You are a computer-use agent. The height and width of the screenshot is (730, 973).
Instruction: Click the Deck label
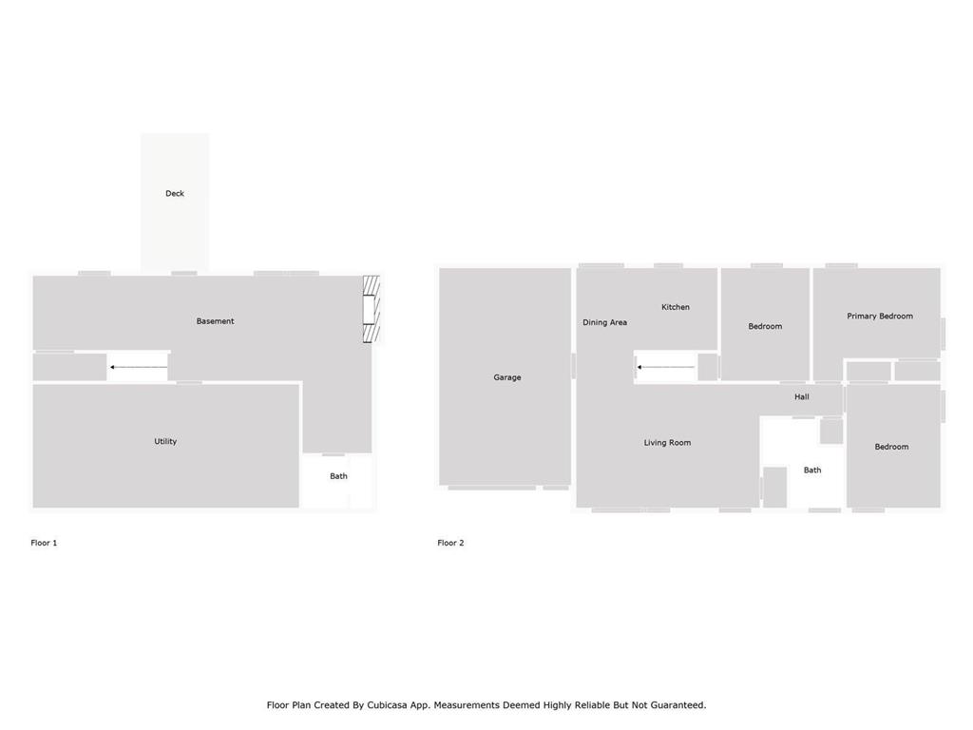(x=175, y=193)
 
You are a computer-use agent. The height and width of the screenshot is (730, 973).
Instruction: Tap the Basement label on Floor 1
(x=215, y=321)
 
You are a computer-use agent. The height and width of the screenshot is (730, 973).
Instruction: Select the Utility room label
(x=165, y=441)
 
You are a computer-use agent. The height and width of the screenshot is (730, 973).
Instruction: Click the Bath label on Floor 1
(x=338, y=476)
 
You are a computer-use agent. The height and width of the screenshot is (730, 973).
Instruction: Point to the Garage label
(x=507, y=377)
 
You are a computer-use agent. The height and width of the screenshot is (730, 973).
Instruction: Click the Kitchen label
(x=676, y=307)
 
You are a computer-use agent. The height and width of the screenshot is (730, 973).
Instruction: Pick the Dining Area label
(x=604, y=322)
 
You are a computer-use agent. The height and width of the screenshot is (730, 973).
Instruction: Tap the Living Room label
(x=667, y=443)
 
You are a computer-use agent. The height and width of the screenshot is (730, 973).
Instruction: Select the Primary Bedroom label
(x=880, y=316)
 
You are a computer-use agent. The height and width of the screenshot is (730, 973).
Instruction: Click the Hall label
(x=802, y=396)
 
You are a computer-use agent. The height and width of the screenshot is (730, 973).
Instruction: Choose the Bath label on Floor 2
(x=812, y=470)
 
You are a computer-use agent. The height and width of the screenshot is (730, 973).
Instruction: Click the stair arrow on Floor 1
(x=139, y=368)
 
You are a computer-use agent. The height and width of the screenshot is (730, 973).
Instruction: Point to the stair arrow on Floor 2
(x=665, y=368)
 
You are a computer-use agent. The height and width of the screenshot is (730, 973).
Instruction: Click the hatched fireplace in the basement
(x=372, y=309)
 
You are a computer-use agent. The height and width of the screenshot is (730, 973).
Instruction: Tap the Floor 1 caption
(x=44, y=543)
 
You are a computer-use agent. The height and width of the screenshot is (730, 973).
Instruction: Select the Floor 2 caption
(x=450, y=543)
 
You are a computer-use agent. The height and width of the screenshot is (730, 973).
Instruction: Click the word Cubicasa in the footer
(x=387, y=705)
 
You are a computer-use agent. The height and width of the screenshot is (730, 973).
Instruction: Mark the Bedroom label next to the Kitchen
(x=765, y=326)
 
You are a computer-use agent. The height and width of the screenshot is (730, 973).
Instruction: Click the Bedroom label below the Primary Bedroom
(x=891, y=447)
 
